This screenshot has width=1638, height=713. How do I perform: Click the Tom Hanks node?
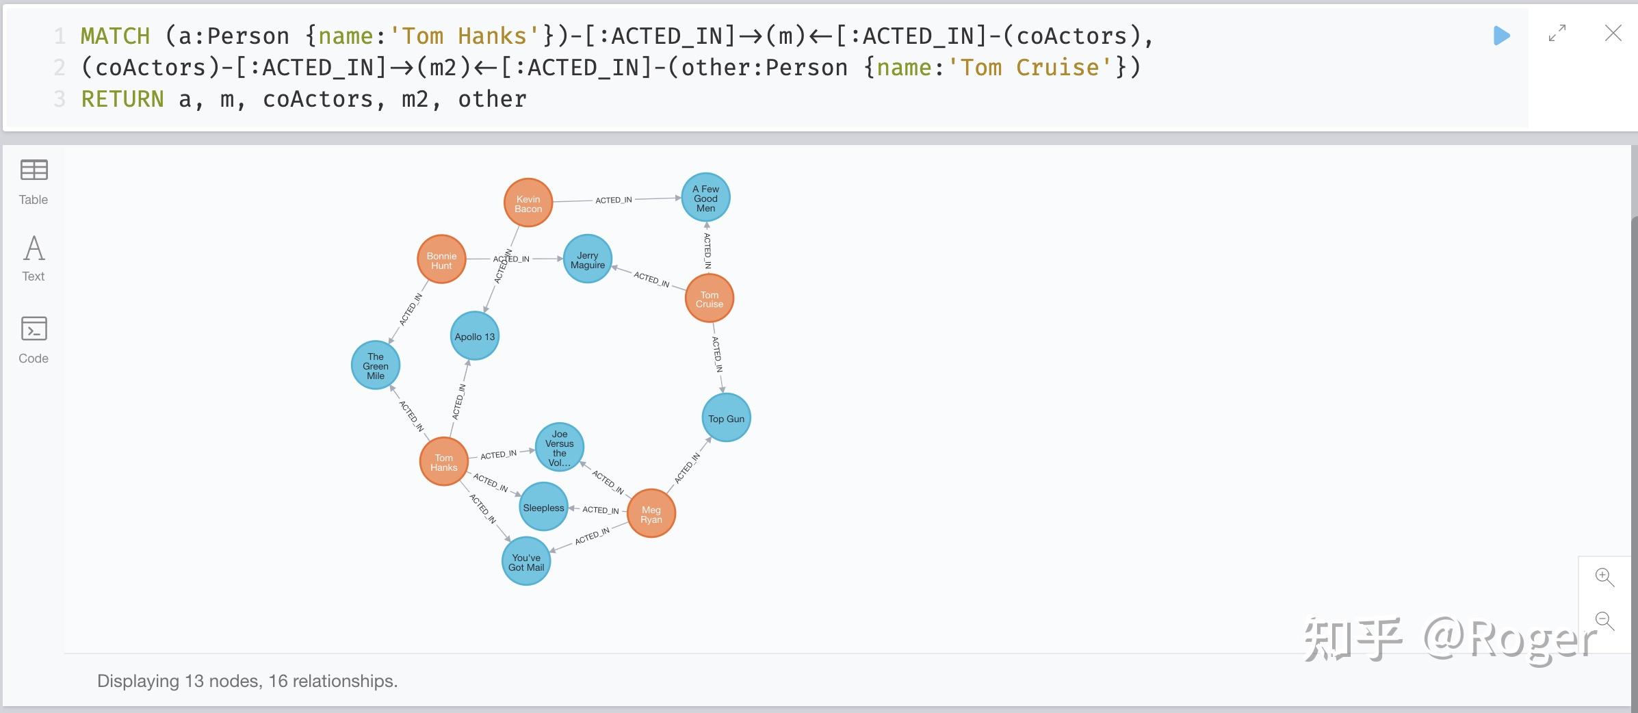[443, 462]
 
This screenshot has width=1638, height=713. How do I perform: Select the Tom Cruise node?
[710, 298]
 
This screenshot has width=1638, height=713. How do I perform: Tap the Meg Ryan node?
[651, 513]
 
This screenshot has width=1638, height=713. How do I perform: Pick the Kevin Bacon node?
[528, 203]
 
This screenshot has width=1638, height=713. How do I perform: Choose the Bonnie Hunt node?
[441, 259]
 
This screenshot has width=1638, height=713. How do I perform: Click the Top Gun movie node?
[727, 417]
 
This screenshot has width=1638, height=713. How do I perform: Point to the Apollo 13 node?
[475, 336]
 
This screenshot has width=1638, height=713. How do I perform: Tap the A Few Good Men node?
[706, 197]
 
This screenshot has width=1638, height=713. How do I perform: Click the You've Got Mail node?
[526, 561]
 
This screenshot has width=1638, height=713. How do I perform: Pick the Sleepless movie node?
[544, 507]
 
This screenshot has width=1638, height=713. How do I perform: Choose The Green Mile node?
[376, 365]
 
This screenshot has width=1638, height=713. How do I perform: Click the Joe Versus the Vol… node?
[560, 448]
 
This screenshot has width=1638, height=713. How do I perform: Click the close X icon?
[1613, 34]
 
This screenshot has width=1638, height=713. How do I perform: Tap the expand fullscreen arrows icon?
[1557, 34]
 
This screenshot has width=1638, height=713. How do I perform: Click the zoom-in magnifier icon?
[1604, 577]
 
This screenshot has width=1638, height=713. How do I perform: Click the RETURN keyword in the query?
[122, 99]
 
